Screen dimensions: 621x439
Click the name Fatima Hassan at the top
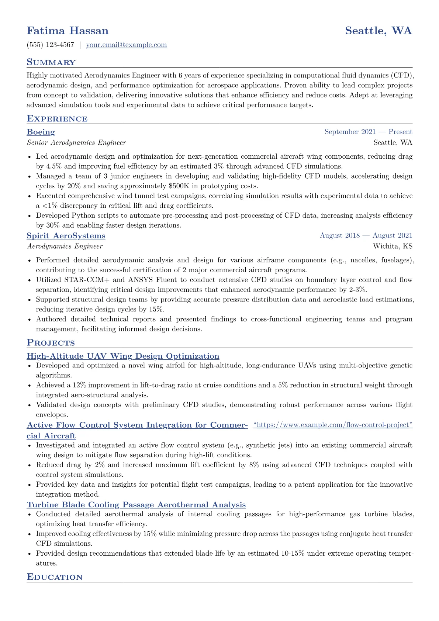click(68, 31)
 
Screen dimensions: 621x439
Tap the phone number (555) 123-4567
click(51, 45)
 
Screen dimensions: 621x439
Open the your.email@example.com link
click(126, 45)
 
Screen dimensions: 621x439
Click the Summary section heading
click(51, 62)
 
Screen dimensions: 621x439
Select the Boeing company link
click(41, 132)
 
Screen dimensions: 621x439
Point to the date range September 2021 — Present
click(368, 132)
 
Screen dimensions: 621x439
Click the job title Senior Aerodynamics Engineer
click(76, 142)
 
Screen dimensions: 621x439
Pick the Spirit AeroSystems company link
click(66, 236)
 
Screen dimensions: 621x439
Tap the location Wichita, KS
click(393, 246)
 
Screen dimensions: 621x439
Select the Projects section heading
click(51, 343)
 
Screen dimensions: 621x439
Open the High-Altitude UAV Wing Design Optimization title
click(123, 356)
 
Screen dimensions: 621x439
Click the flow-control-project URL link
click(333, 425)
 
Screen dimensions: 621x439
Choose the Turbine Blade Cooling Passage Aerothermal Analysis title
click(136, 505)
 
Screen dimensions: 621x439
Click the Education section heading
click(55, 577)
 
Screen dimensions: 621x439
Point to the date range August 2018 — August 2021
click(366, 235)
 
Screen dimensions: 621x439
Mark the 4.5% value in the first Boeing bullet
click(54, 166)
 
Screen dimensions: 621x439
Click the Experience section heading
click(57, 119)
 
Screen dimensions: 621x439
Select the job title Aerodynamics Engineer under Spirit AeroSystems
click(65, 246)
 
